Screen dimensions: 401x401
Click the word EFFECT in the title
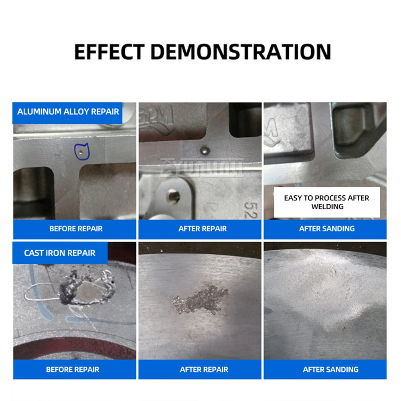109,51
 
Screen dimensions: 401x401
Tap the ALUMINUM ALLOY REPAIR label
68,111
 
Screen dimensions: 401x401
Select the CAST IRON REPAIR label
60,253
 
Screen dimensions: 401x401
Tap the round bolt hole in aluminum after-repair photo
173,195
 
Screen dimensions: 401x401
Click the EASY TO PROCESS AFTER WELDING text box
326,202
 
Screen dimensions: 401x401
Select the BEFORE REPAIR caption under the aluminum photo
76,229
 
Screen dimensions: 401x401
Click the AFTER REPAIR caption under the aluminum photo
203,229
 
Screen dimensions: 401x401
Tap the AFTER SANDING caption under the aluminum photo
327,229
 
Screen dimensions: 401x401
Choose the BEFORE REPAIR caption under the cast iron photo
73,369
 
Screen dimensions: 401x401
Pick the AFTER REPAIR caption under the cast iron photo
204,369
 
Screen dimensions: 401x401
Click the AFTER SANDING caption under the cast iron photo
330,369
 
